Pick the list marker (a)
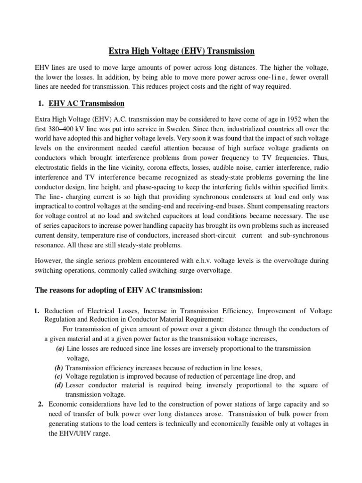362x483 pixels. coord(60,349)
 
